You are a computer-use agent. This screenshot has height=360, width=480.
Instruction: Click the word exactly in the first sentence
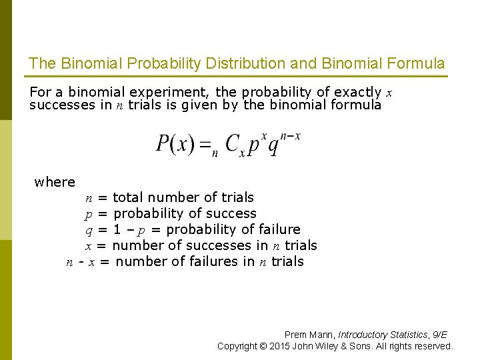click(357, 92)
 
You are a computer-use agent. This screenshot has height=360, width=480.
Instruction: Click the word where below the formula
click(55, 182)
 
